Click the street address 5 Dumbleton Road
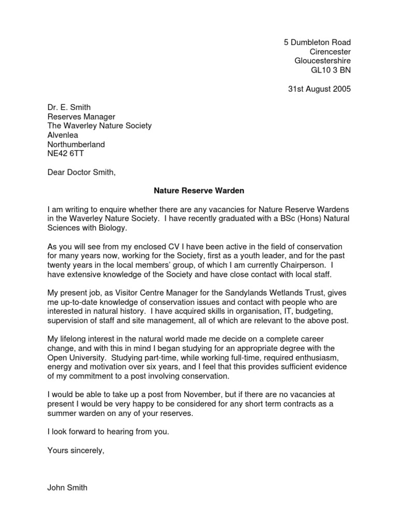point(317,42)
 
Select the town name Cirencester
point(330,51)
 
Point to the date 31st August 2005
point(319,89)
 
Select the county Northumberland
point(76,145)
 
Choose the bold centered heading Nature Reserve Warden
point(198,191)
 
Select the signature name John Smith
point(67,487)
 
